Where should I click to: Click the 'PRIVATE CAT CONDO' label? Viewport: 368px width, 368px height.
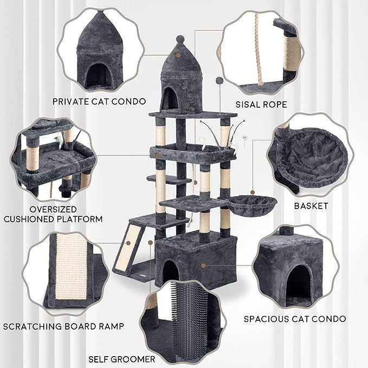coord(99,101)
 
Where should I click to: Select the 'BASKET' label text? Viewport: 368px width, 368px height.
coord(312,206)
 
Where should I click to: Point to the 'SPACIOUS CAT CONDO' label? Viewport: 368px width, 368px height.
coord(295,319)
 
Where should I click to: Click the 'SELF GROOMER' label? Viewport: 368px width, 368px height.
coord(122,359)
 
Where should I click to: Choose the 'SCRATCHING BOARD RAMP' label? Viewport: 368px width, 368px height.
coord(63,326)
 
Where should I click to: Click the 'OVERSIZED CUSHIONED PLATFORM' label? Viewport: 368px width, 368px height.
coord(53,214)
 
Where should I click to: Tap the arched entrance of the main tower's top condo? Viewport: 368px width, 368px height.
coord(170,99)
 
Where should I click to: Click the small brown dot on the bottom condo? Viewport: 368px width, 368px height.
coord(204,266)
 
